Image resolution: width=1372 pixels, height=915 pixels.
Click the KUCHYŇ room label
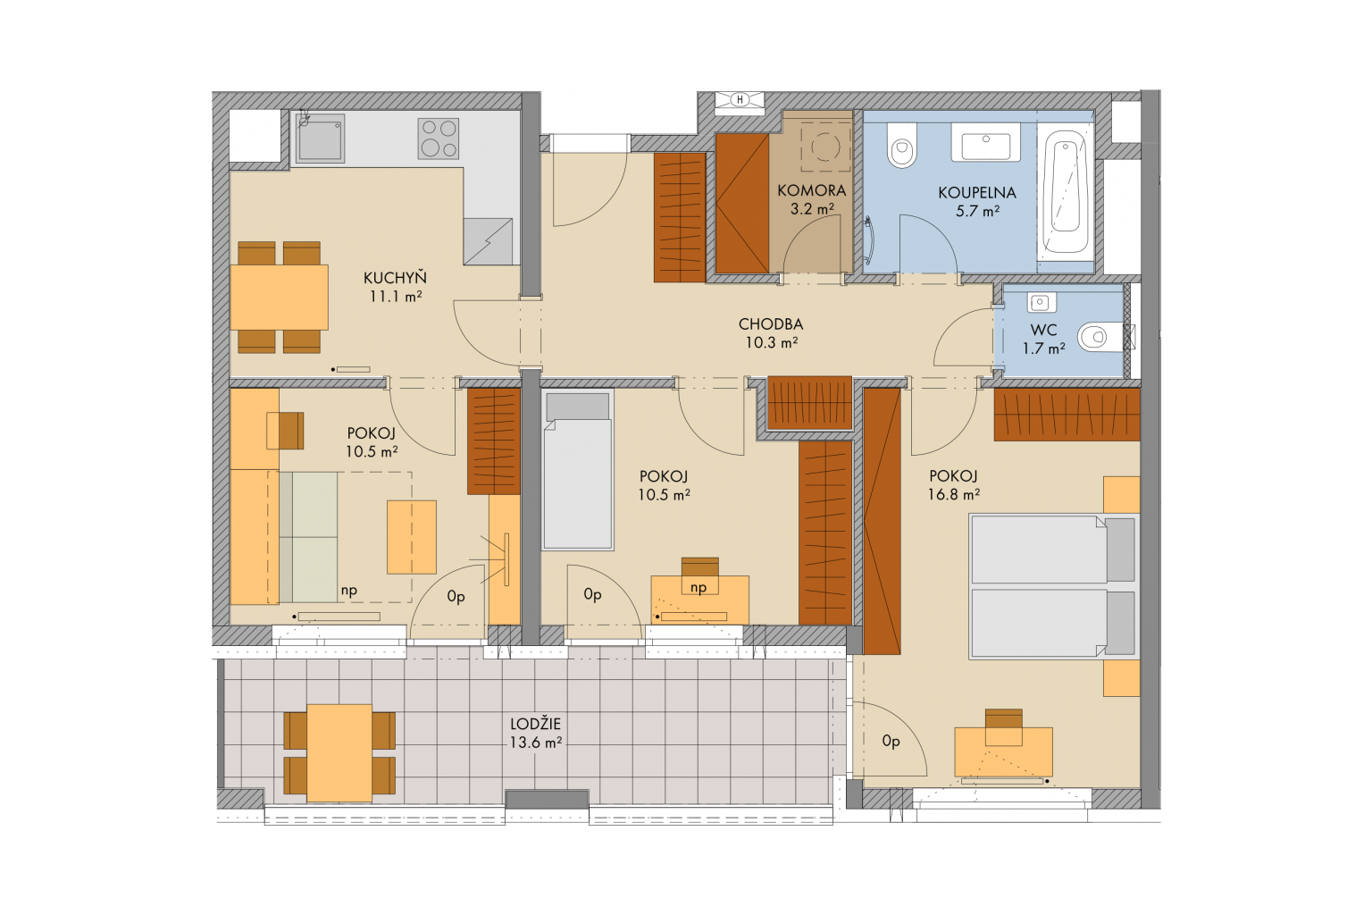coord(395,278)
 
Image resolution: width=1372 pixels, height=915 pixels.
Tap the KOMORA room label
coord(812,190)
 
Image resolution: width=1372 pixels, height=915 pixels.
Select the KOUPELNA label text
coord(977,193)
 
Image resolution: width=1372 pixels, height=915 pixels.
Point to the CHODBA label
coord(771,324)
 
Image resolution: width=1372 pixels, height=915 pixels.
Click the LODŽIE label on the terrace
coord(535,724)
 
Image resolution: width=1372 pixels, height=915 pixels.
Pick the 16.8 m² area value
coord(954,494)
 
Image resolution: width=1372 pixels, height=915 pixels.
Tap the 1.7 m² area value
coord(1043,348)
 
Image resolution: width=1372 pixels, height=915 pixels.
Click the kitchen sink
coord(320,138)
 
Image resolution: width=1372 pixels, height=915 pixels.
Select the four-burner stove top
coord(439,139)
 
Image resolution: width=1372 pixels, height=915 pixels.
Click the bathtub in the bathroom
coord(1065,192)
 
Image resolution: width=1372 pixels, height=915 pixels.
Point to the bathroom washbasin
coord(985,143)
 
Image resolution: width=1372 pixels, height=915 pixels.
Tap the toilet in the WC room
coord(1100,337)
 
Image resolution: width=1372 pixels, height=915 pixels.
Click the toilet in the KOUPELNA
coord(901,145)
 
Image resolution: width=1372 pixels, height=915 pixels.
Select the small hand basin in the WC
coord(1040,302)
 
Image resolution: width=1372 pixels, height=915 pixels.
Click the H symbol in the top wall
coord(740,99)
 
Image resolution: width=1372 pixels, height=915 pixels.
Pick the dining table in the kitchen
coord(280,298)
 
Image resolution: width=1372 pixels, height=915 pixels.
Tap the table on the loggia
coord(339,753)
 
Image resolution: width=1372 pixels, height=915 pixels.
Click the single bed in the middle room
coord(578,470)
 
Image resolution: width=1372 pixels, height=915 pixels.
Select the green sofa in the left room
coord(308,537)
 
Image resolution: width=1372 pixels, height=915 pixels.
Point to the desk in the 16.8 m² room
coord(1003,752)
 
